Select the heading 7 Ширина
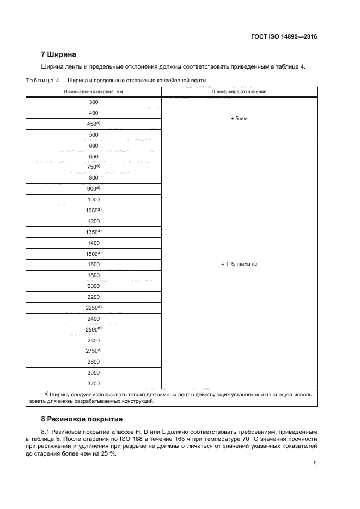[58, 54]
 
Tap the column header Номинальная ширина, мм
[93, 91]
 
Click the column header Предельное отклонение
[239, 91]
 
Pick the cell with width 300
[93, 102]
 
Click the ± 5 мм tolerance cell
[239, 118]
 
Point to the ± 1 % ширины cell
[239, 265]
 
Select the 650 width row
[93, 156]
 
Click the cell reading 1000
[93, 199]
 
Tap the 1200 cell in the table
[93, 221]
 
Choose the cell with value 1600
[93, 265]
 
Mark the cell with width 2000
[93, 286]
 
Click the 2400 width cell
[93, 318]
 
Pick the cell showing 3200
[93, 383]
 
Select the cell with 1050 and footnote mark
[94, 210]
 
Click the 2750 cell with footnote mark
[94, 351]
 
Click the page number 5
[315, 463]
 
